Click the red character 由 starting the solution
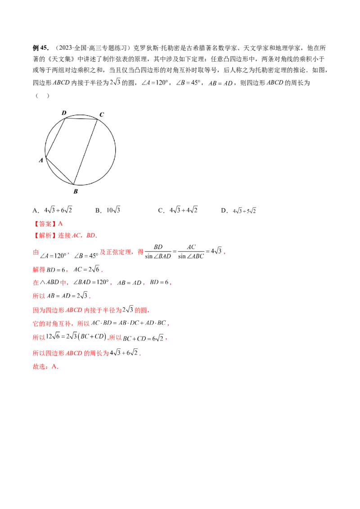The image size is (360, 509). pos(35,253)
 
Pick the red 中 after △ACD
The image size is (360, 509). pos(63,283)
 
